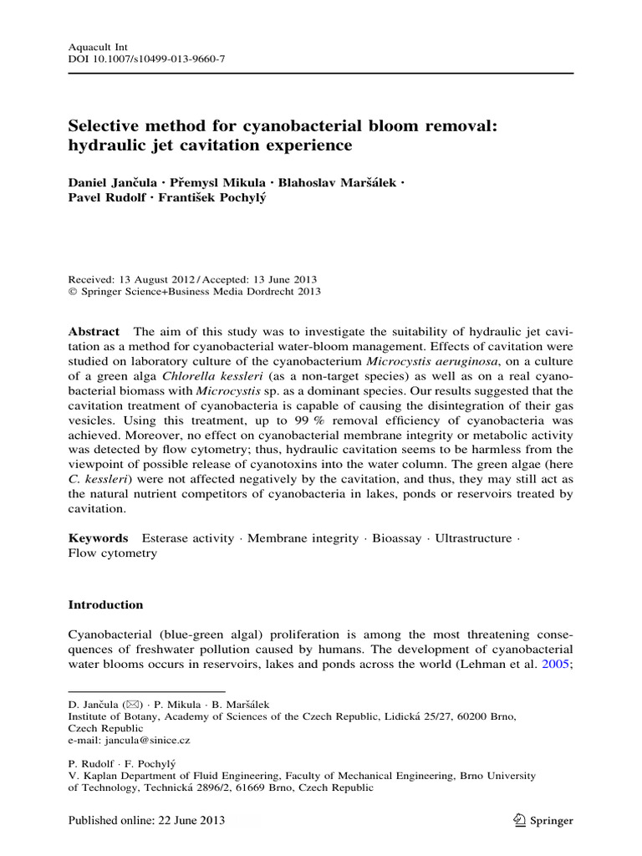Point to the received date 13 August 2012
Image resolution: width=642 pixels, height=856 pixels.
click(x=156, y=279)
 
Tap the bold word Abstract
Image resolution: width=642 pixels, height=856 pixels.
click(x=94, y=332)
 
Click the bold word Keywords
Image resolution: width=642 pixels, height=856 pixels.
click(x=98, y=538)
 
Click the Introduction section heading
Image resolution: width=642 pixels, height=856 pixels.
click(x=105, y=604)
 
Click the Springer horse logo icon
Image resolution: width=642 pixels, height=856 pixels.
click(x=519, y=820)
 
